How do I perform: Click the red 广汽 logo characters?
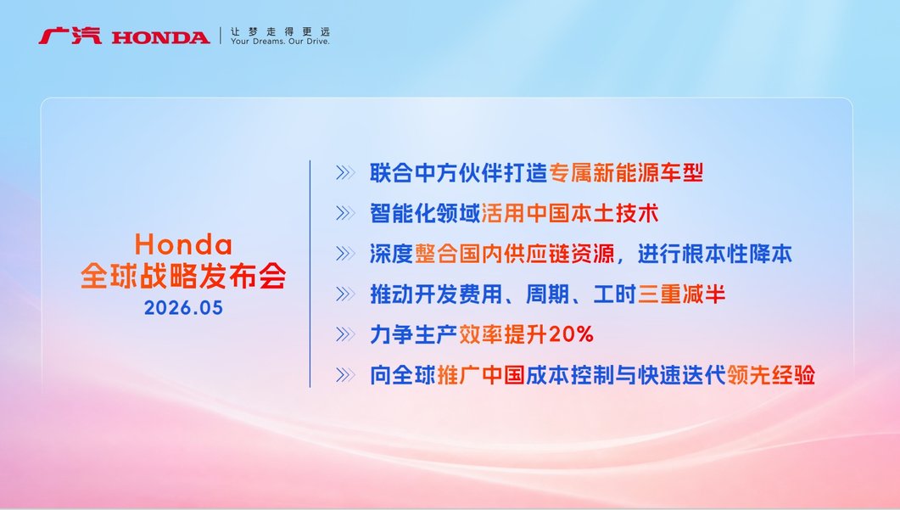tap(70, 36)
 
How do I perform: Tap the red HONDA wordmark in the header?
tap(160, 38)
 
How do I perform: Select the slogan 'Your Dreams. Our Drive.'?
tap(280, 42)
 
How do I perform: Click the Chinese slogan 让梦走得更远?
tap(280, 31)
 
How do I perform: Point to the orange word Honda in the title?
tap(183, 244)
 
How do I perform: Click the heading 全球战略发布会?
tap(183, 277)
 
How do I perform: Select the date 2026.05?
tap(183, 308)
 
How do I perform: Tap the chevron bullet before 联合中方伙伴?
tap(345, 173)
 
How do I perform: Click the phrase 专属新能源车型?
tap(626, 173)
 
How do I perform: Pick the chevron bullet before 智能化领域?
tap(345, 213)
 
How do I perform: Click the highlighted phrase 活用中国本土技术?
tap(569, 213)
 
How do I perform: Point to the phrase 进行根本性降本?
tap(714, 253)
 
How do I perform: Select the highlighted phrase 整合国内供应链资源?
tap(515, 253)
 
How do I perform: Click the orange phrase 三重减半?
tap(682, 294)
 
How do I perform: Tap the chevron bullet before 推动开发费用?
tap(345, 294)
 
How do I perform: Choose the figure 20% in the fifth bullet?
tap(571, 334)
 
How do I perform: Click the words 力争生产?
tap(413, 334)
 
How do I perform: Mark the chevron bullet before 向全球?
tap(345, 375)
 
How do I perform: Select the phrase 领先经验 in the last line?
tap(771, 375)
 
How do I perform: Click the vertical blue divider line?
tap(310, 274)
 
